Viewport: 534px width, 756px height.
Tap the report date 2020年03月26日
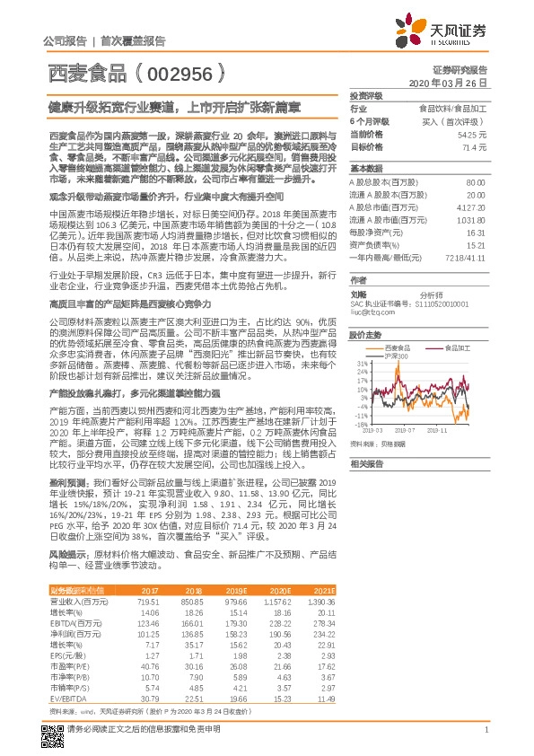coord(448,83)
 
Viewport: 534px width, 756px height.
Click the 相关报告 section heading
coord(367,463)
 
